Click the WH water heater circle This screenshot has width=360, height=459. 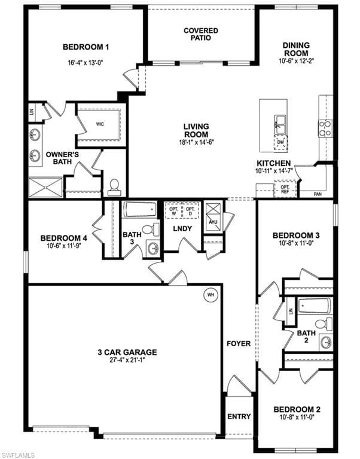(x=210, y=294)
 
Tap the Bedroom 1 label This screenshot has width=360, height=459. (x=86, y=47)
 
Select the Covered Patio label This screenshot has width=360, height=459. (x=201, y=34)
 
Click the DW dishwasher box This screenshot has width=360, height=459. (x=280, y=143)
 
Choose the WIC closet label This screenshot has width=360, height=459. (x=100, y=125)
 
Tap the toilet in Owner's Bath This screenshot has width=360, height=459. (x=114, y=187)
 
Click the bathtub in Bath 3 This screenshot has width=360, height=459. (x=140, y=210)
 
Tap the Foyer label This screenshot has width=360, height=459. (x=238, y=344)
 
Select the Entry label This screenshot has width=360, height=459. (x=239, y=416)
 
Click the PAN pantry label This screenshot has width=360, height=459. (x=319, y=194)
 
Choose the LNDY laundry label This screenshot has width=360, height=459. (x=182, y=229)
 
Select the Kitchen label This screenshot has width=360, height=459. (x=274, y=163)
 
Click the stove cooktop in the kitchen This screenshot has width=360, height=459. (x=325, y=128)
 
